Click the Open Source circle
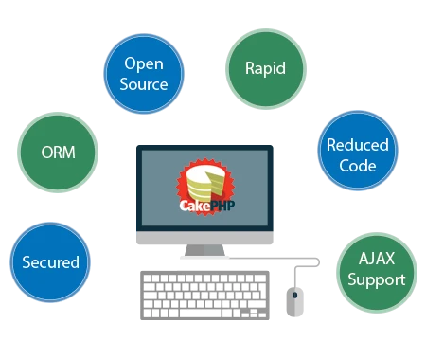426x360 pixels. point(143,74)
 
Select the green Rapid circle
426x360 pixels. point(265,68)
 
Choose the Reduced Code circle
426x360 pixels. point(357,154)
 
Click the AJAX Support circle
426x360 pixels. point(376,269)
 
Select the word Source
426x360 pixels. point(143,83)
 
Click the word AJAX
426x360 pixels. point(376,260)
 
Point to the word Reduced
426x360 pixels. point(357,145)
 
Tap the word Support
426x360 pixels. point(376,279)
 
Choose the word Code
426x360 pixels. point(357,166)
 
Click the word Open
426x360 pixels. point(143,64)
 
